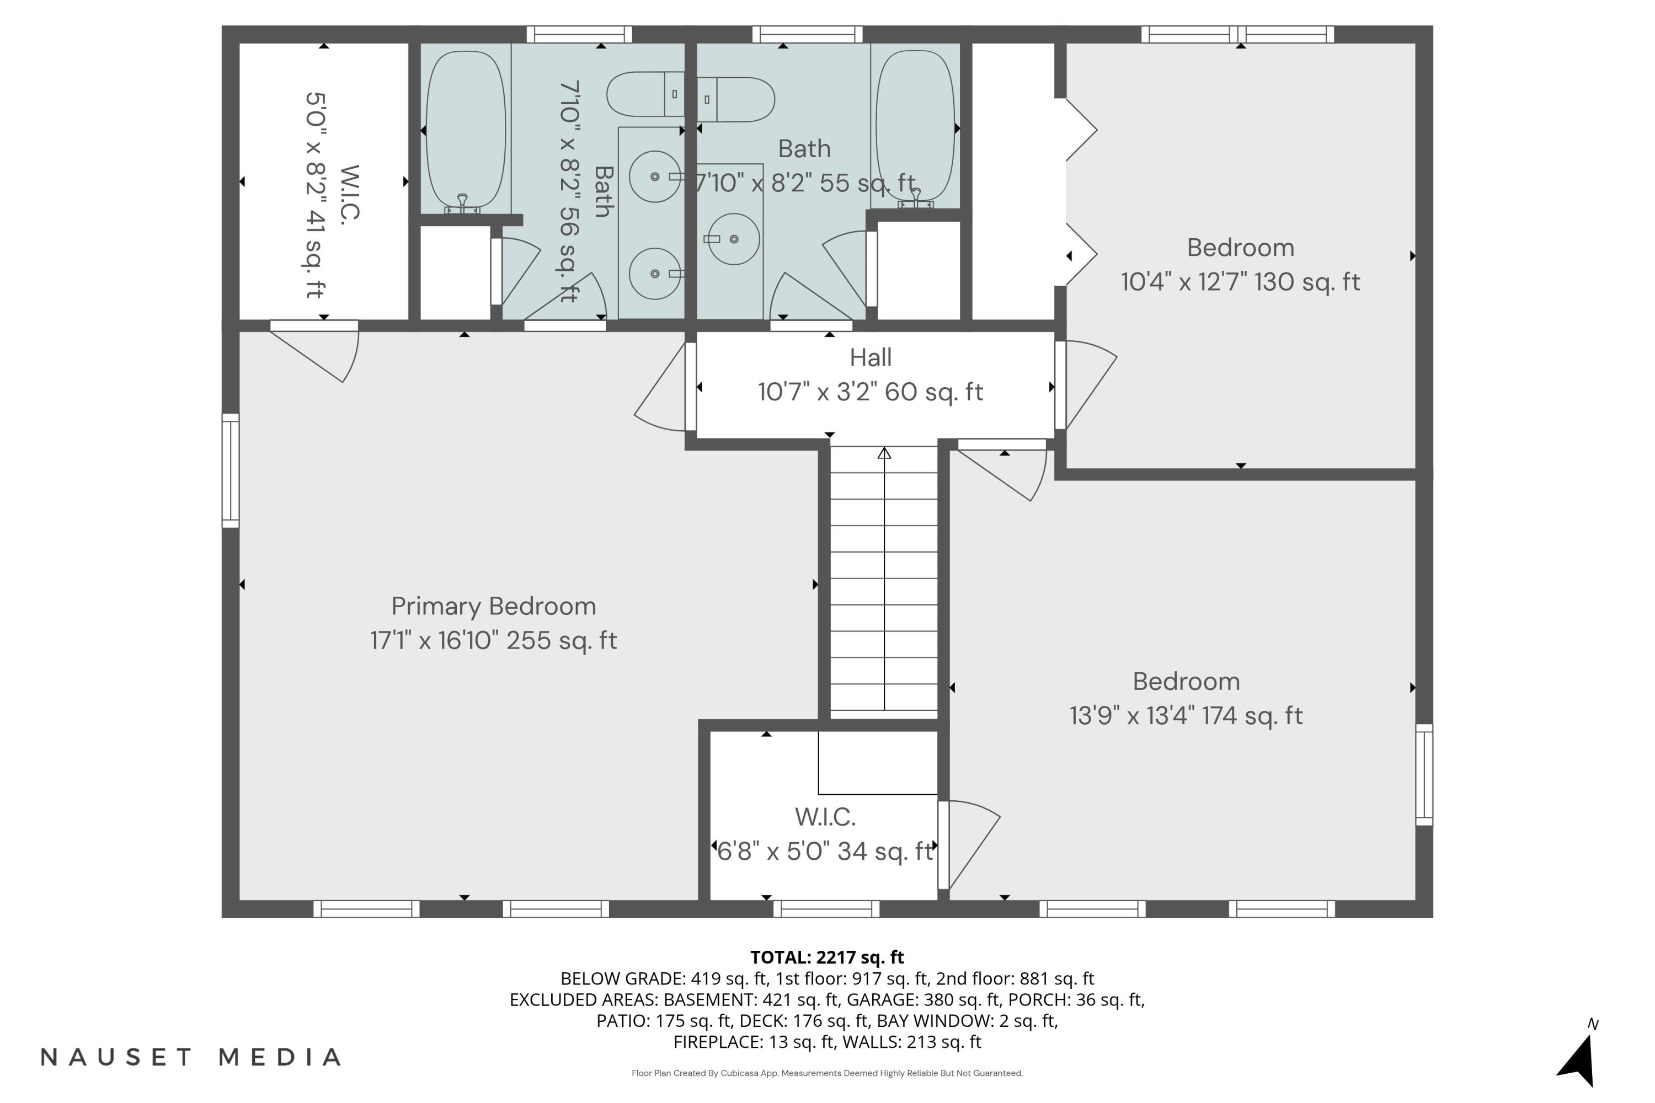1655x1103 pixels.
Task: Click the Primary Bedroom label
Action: (493, 606)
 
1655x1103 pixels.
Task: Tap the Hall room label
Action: (871, 357)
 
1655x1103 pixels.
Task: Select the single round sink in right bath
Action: (733, 239)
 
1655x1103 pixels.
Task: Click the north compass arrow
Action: (1579, 1060)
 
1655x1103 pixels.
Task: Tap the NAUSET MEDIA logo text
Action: (191, 1057)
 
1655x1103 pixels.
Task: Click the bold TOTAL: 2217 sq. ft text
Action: (827, 957)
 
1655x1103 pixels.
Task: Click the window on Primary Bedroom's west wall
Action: (231, 470)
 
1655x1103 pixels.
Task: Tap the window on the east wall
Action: (1424, 774)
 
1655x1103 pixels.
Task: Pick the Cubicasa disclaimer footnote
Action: (827, 1073)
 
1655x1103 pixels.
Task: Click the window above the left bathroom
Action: (579, 34)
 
